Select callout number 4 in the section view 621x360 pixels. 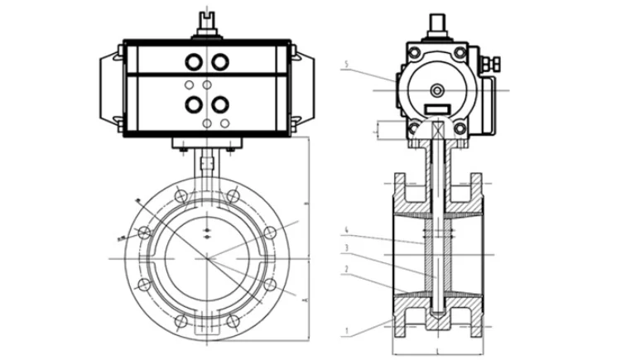pos(349,229)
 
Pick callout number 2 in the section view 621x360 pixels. pos(349,267)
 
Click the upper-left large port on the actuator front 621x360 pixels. pos(194,62)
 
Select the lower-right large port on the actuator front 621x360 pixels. pos(221,104)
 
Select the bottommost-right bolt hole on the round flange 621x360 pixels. pos(235,321)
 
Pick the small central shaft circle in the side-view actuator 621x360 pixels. pos(437,89)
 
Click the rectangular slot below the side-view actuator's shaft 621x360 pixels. pos(437,108)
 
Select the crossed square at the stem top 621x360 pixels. pos(437,130)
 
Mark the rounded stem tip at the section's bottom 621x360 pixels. pos(437,314)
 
